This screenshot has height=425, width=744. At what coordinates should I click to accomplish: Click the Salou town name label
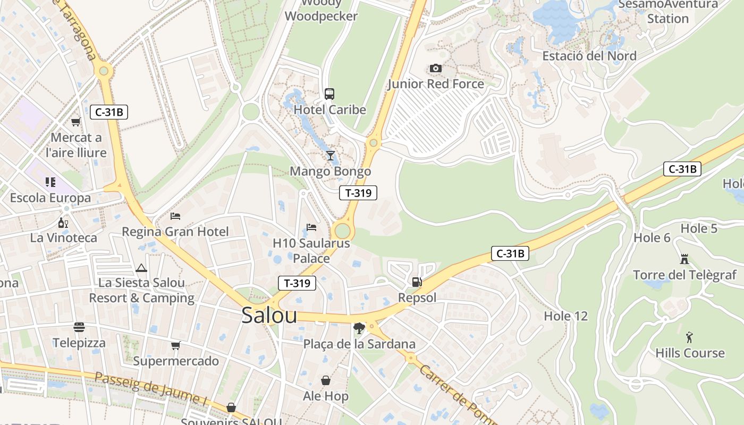[x=269, y=315]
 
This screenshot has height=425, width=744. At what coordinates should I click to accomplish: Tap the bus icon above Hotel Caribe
[x=329, y=94]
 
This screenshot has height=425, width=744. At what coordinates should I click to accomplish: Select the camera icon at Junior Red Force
[x=435, y=69]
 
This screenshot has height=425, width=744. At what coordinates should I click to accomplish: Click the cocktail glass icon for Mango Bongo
[x=331, y=156]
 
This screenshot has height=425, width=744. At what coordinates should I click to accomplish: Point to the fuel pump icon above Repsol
[x=417, y=282]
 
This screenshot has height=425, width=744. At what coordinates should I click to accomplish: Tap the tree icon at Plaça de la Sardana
[x=359, y=328]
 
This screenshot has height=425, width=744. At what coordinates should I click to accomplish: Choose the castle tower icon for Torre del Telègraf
[x=684, y=259]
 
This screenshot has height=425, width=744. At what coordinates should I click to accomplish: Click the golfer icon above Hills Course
[x=689, y=337]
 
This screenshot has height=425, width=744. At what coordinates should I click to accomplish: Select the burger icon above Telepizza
[x=79, y=327]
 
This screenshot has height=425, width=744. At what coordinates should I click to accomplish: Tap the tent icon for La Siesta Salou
[x=141, y=268]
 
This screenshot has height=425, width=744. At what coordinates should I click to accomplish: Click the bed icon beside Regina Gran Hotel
[x=175, y=216]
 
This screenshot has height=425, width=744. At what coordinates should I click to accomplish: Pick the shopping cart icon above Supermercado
[x=175, y=346]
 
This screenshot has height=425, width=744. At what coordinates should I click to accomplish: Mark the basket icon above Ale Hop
[x=326, y=380]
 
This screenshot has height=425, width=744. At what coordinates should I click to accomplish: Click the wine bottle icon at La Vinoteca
[x=63, y=223]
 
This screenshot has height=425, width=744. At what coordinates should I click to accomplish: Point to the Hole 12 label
[x=565, y=317]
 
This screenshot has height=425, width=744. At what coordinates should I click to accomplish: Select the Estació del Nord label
[x=589, y=56]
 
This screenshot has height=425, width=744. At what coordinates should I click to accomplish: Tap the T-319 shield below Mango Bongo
[x=358, y=193]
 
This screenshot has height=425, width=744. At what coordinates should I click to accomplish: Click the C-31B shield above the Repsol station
[x=510, y=253]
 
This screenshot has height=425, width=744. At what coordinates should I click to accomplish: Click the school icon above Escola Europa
[x=50, y=183]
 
